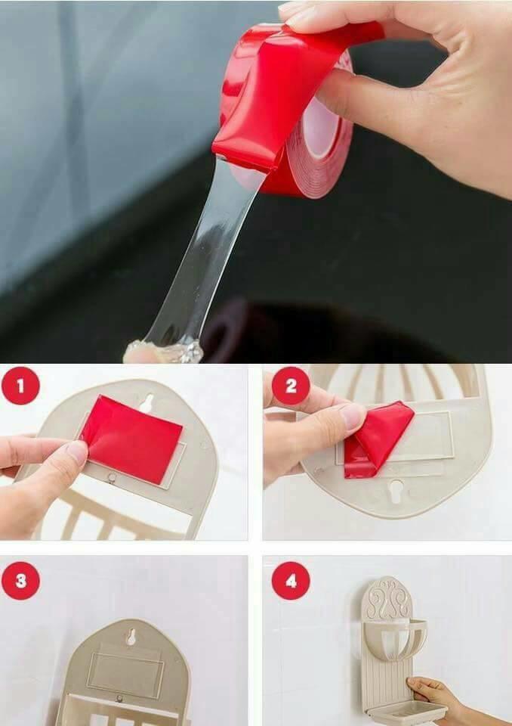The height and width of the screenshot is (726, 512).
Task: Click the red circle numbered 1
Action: coord(20,386)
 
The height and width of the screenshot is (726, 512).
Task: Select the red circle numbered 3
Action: coord(20,581)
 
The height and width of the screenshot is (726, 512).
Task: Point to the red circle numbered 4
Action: coord(291,581)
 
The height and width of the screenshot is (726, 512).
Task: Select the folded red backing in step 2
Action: coord(377,438)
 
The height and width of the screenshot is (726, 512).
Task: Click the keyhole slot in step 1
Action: coord(147,403)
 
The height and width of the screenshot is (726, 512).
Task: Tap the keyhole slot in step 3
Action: coord(131,638)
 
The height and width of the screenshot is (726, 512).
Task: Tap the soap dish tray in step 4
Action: coord(407,712)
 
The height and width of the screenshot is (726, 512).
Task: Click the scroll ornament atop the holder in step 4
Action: coord(387,597)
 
